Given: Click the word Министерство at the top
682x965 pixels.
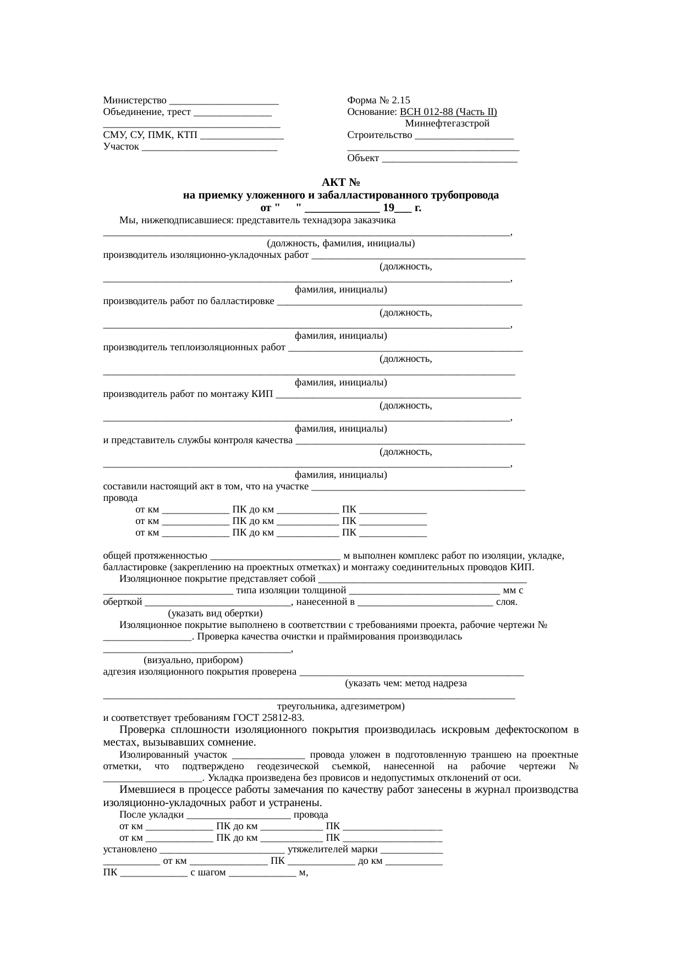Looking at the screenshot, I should coord(135,101).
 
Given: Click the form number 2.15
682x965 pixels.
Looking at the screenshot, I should coord(398,101).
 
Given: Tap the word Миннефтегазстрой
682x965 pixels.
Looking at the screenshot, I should coord(447,124).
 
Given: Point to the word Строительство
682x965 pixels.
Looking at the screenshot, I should coord(380,135).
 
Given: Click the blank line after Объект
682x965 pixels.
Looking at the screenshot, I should coord(449,159).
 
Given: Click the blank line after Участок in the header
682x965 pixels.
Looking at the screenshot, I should coord(209,147).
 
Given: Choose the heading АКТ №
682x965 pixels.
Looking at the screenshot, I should coord(340,183).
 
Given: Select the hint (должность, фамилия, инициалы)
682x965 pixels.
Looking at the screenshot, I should coord(340,244).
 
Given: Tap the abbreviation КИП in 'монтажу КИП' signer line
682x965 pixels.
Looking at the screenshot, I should coord(262,394).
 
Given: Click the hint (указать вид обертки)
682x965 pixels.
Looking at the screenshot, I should coord(215,614).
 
